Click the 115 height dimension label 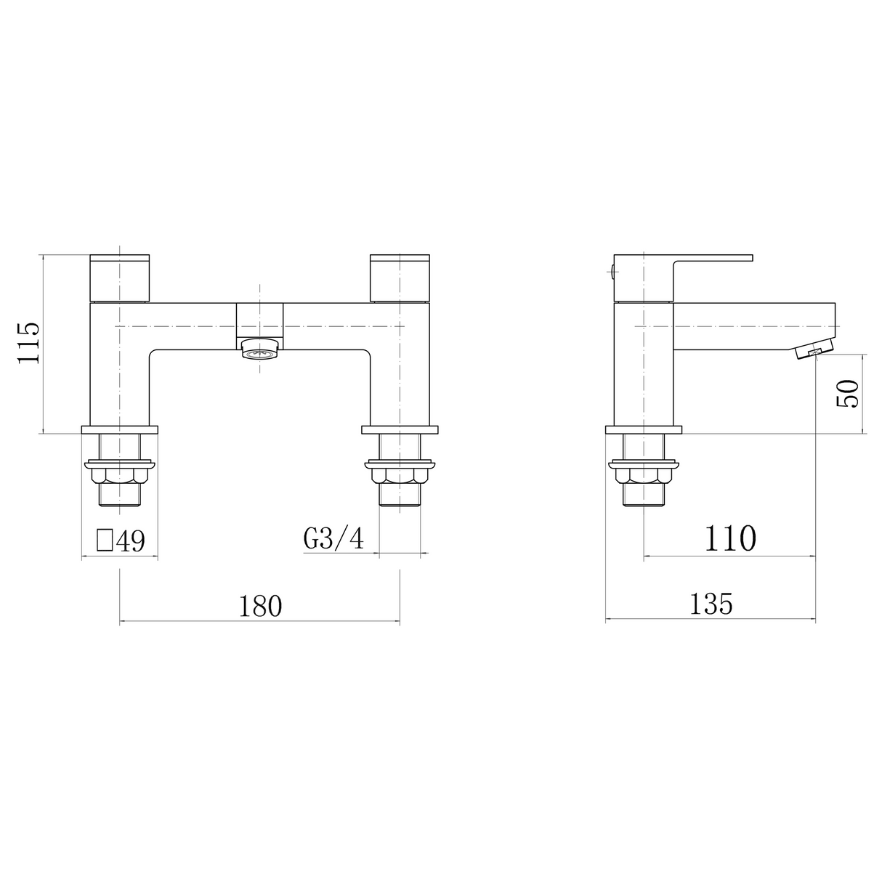[x=28, y=344]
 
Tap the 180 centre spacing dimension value [x=260, y=605]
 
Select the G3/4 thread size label [x=333, y=539]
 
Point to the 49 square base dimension [x=131, y=541]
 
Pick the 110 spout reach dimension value [x=729, y=538]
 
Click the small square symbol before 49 [x=105, y=540]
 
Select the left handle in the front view [x=119, y=278]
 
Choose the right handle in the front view [x=400, y=278]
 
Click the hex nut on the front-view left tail [x=119, y=477]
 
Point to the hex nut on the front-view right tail [x=400, y=477]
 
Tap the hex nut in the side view [x=644, y=477]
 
